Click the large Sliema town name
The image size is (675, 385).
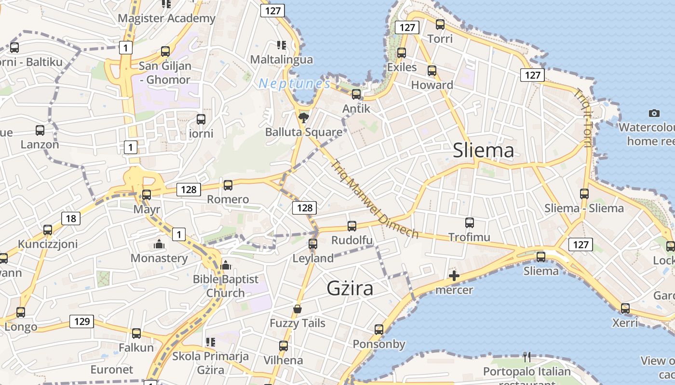point(484,151)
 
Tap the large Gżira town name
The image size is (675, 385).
point(350,288)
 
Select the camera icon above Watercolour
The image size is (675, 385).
point(654,114)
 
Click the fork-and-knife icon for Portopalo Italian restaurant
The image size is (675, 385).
point(527,357)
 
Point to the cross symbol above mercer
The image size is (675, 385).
point(454,276)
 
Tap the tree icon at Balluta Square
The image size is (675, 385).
point(303,117)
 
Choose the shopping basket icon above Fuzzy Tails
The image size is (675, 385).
point(297,309)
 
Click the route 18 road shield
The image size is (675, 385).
point(71,219)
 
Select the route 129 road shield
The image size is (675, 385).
point(82,321)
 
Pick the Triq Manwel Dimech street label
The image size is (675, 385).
point(375,198)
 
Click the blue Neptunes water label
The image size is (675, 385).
point(295,84)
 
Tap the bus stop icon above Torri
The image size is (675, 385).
point(440,25)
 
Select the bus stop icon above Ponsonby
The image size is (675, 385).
point(379,330)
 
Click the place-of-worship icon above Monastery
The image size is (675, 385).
point(159,244)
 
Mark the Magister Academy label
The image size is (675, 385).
point(167,18)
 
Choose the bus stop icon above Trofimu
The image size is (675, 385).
point(470,223)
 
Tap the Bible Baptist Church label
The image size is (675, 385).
point(226,286)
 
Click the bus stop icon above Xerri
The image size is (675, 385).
point(625,308)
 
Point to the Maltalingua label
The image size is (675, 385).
point(282,60)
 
